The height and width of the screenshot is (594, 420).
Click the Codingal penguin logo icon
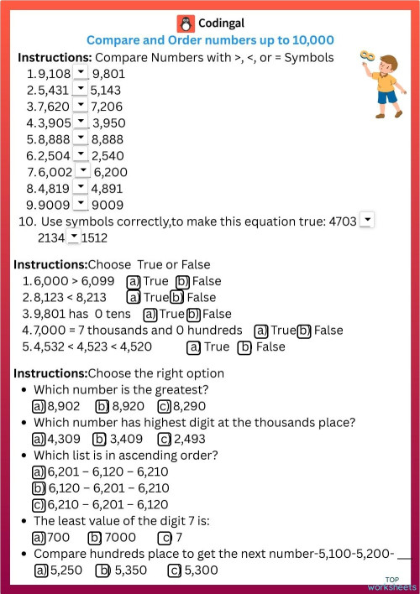(x=185, y=23)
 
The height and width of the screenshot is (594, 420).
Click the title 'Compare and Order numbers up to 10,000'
(x=210, y=39)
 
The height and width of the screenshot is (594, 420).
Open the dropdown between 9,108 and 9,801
(x=80, y=72)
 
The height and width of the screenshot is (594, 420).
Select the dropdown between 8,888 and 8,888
(x=80, y=138)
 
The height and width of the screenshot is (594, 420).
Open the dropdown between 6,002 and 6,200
(x=82, y=170)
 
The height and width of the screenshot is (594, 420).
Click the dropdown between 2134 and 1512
(x=73, y=237)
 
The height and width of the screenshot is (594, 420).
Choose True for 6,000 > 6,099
(x=133, y=281)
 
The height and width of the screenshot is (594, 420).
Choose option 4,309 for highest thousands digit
(x=38, y=439)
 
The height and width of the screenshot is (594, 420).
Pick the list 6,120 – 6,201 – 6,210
(x=38, y=488)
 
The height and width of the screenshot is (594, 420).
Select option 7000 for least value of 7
(x=95, y=538)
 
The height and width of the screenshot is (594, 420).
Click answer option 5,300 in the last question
(x=175, y=571)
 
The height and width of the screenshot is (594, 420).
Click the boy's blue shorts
(x=386, y=97)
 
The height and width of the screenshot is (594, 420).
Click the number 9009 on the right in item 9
(x=108, y=204)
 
